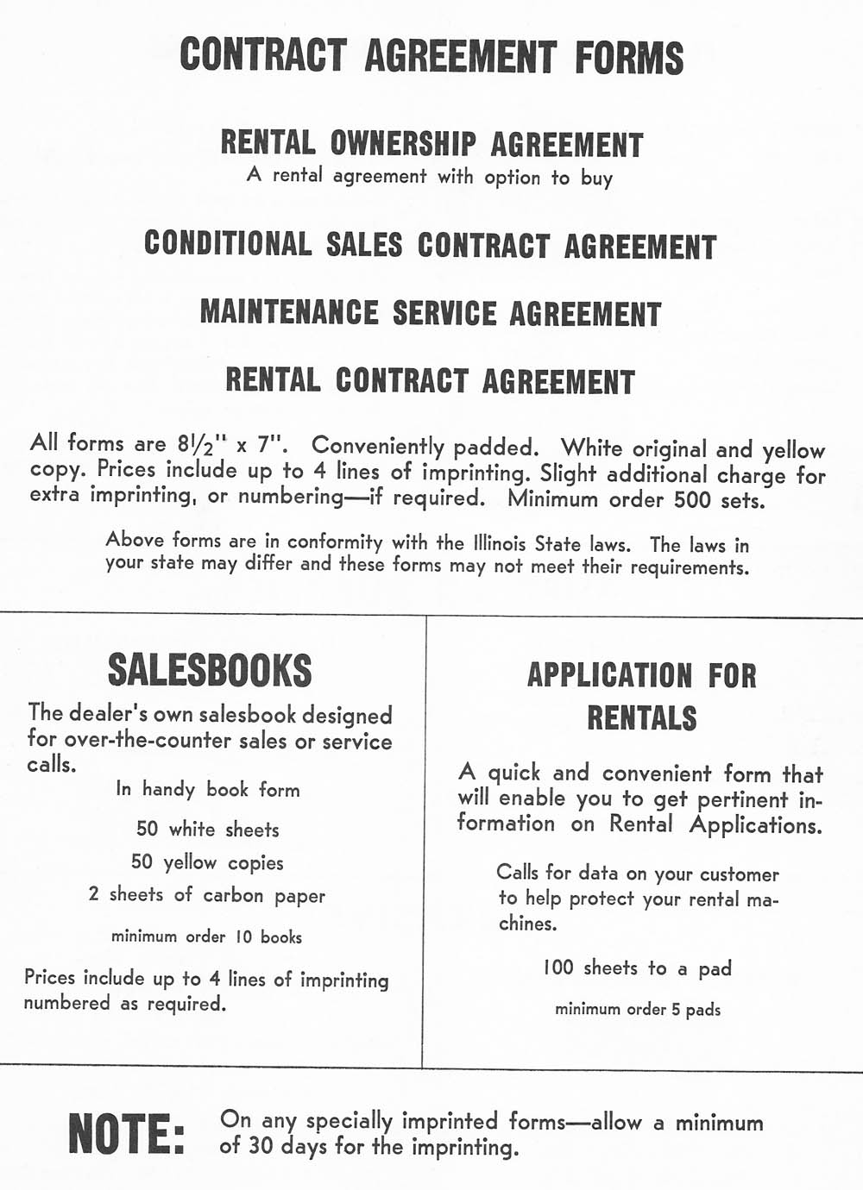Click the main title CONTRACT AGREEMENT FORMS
click(x=431, y=56)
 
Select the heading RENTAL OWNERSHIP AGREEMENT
click(x=431, y=143)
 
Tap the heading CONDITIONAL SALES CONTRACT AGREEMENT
click(x=430, y=245)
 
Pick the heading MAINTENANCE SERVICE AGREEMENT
click(x=430, y=313)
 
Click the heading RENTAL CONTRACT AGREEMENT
click(x=430, y=380)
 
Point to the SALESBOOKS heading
click(x=210, y=670)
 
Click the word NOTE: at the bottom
click(x=126, y=1133)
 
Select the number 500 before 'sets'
click(x=693, y=499)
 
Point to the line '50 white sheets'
click(x=208, y=830)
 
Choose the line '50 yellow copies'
click(x=207, y=862)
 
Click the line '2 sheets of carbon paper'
click(x=207, y=895)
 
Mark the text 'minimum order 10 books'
click(x=207, y=936)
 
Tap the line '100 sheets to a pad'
click(x=637, y=968)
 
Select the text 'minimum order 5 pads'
click(x=638, y=1009)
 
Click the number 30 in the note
click(x=261, y=1147)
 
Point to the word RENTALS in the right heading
click(x=642, y=717)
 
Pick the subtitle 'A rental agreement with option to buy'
click(x=429, y=177)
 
